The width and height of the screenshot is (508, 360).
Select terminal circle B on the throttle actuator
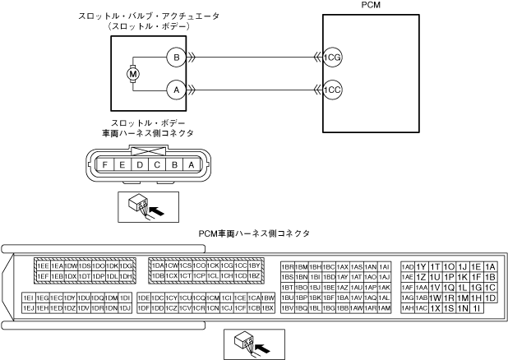tap(174, 58)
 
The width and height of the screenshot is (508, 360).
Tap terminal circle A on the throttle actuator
tap(174, 87)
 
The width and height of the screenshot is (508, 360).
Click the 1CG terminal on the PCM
tap(331, 58)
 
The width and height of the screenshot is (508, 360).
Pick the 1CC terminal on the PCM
tap(331, 88)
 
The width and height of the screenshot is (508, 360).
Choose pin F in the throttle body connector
tap(104, 164)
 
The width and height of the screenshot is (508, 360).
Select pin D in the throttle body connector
tap(140, 164)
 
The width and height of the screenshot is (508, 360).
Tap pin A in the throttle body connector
tap(192, 164)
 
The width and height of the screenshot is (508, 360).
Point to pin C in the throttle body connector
tap(157, 164)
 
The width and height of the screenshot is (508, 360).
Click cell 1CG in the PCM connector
tap(226, 265)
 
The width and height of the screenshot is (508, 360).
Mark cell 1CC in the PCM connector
tap(240, 265)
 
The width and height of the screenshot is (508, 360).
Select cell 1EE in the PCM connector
tap(42, 265)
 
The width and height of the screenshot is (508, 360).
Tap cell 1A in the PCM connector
tap(490, 266)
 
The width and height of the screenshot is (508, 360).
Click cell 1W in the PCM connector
tap(436, 298)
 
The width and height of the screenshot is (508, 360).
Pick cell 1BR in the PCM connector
tap(288, 266)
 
